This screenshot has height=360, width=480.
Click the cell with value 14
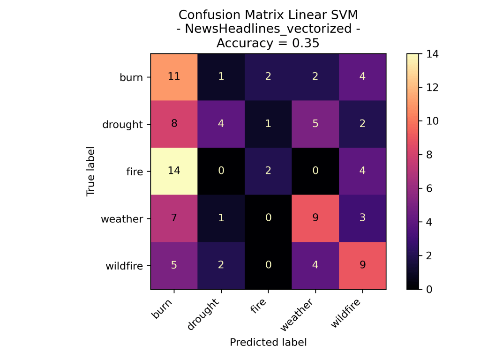click(x=174, y=171)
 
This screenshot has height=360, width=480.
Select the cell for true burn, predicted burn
click(x=174, y=77)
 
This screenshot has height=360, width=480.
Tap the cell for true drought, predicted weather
click(x=315, y=124)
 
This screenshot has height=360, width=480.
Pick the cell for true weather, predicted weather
click(x=315, y=218)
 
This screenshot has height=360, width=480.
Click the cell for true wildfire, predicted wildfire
click(x=362, y=265)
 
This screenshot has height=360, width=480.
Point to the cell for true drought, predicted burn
click(x=174, y=124)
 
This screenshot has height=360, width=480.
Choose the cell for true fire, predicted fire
click(x=268, y=171)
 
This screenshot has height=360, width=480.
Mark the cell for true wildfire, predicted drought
click(x=221, y=265)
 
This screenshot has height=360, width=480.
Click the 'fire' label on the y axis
click(x=135, y=172)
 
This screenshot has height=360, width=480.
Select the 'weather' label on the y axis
click(x=122, y=218)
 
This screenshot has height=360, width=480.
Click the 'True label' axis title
click(x=90, y=172)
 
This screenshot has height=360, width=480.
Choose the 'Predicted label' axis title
click(x=268, y=342)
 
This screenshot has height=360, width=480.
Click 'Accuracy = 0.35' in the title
click(x=268, y=44)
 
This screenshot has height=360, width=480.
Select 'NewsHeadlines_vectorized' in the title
click(x=268, y=29)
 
